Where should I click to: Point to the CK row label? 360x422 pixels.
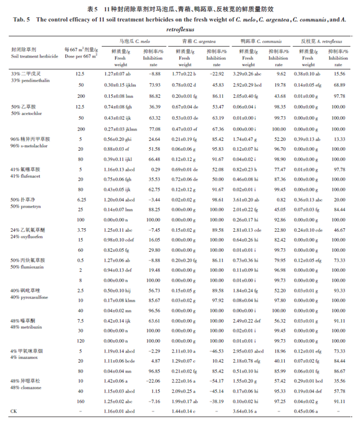[14, 412]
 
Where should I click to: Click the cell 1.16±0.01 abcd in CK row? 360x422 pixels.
[120, 412]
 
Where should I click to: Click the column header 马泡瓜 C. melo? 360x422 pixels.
[133, 42]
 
